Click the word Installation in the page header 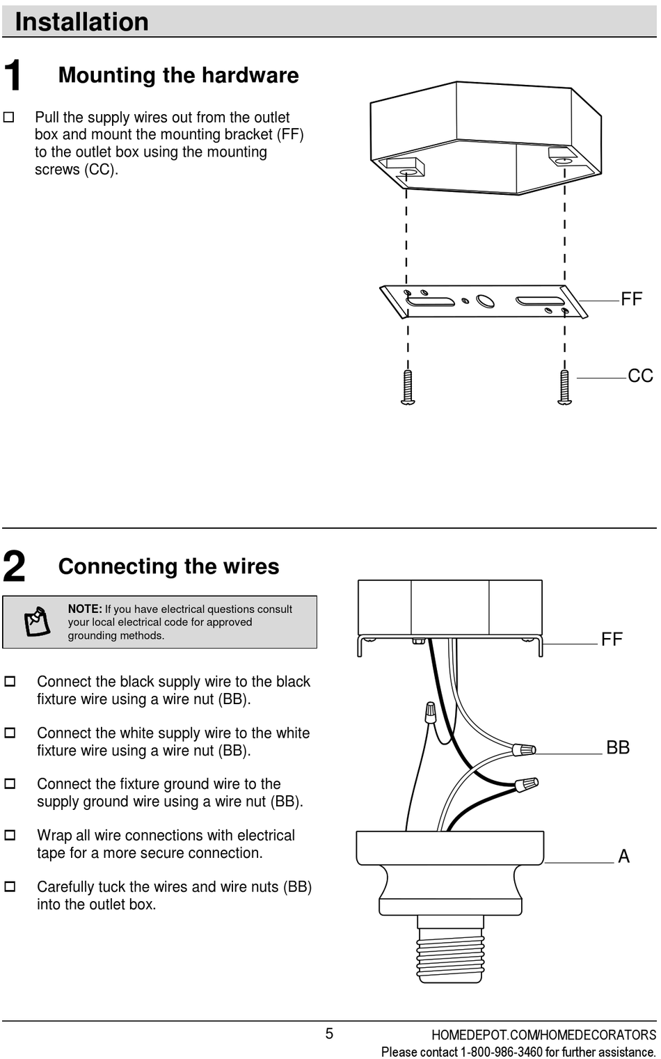[x=81, y=22]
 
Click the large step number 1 [x=13, y=75]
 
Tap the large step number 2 [x=14, y=566]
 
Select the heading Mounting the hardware [x=178, y=75]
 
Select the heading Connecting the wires [x=168, y=566]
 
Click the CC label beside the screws [x=640, y=376]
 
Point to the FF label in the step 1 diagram [x=631, y=299]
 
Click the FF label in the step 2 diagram [x=612, y=639]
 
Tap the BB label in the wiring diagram [x=618, y=748]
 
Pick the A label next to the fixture [x=623, y=857]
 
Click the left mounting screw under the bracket [x=408, y=387]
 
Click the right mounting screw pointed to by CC [x=565, y=387]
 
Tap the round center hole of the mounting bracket [x=485, y=301]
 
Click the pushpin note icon [x=38, y=621]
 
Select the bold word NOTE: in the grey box [x=85, y=609]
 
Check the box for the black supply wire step [x=10, y=682]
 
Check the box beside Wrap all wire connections [x=10, y=835]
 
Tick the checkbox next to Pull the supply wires [x=9, y=118]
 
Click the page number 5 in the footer [x=329, y=1034]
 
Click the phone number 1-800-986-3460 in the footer [x=501, y=1052]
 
